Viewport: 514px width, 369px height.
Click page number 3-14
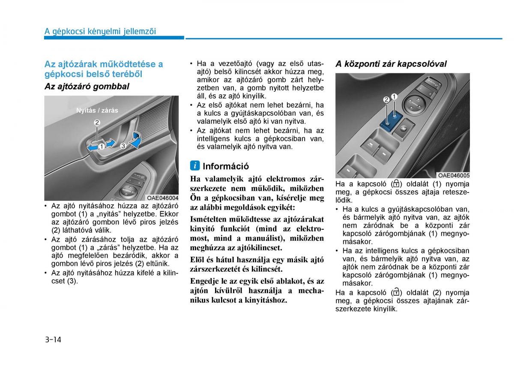point(53,340)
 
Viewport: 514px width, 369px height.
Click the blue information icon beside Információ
point(195,165)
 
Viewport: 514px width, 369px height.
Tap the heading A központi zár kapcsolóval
point(391,64)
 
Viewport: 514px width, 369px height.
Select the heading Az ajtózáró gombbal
point(87,86)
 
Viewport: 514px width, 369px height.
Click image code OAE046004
point(162,198)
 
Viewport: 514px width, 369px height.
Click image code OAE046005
point(454,175)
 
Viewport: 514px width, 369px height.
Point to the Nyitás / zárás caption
point(97,110)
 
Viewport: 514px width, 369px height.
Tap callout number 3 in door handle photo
point(123,146)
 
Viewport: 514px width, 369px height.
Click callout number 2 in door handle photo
point(97,123)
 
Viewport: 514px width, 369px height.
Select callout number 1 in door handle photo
point(102,146)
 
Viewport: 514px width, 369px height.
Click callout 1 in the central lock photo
point(394,97)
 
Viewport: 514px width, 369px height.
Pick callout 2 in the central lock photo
point(386,100)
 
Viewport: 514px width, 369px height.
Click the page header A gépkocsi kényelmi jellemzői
point(100,31)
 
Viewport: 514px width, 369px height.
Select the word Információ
point(226,166)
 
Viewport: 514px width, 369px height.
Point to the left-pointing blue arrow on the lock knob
point(92,147)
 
